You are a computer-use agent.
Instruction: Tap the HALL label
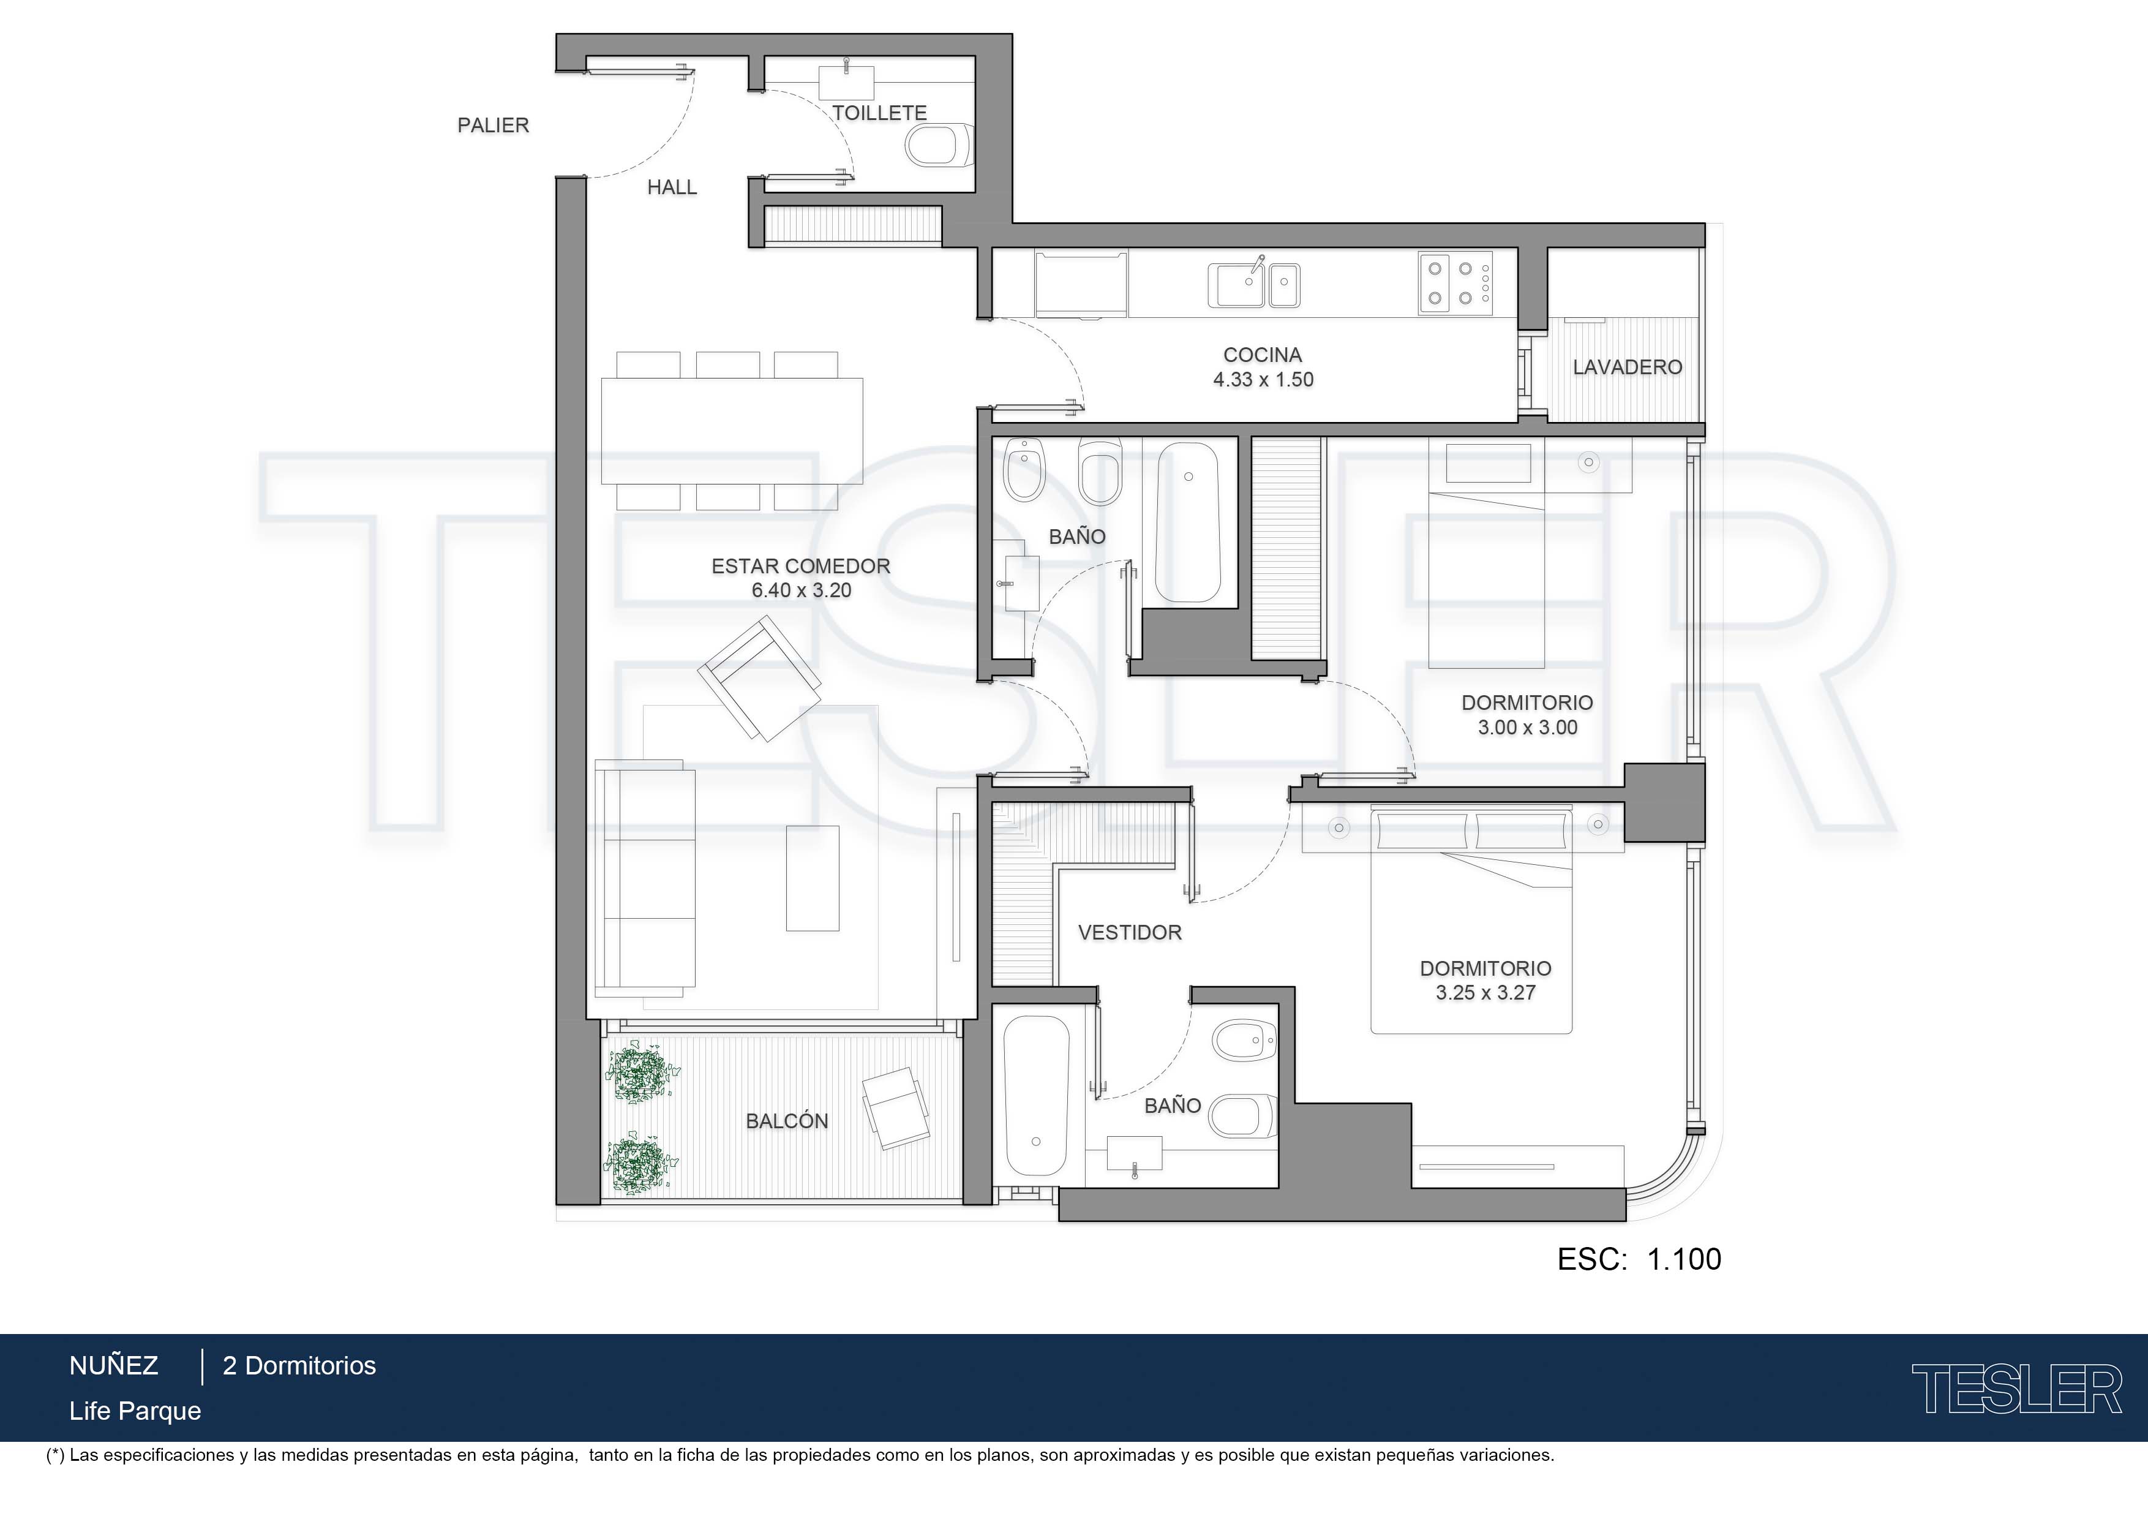coord(672,187)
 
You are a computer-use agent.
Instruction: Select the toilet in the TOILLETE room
coord(941,145)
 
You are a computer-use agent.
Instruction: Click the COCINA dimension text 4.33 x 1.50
coord(1263,380)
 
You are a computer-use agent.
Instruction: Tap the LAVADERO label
coord(1627,367)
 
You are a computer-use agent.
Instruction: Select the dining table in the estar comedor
coord(732,431)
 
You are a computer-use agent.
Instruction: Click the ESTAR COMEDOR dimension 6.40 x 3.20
coord(801,590)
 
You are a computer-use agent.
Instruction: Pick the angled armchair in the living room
coord(760,679)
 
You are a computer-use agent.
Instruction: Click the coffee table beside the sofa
coord(812,878)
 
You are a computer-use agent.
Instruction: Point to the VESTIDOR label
coord(1130,932)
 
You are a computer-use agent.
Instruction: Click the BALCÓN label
coord(787,1121)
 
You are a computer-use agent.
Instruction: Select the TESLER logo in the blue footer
coord(2016,1389)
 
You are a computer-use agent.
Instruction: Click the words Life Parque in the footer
coord(135,1411)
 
